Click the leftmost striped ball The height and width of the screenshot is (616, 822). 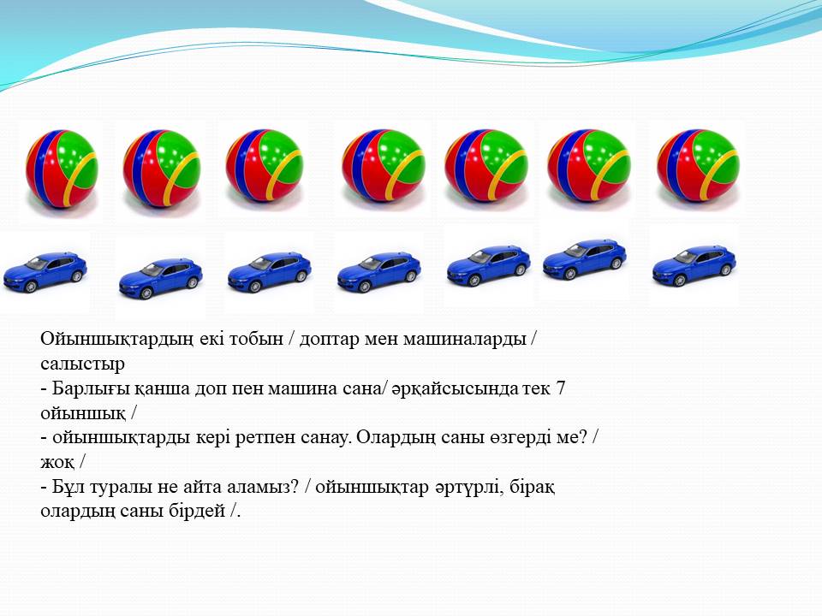pos(62,169)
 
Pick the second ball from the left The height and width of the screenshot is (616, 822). pos(162,168)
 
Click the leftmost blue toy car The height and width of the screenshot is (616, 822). pos(45,272)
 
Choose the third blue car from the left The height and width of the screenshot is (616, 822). pos(270,272)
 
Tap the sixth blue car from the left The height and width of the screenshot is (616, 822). pos(585,260)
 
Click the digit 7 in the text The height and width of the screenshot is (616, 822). pos(560,388)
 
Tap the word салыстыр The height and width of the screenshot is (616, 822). pos(82,364)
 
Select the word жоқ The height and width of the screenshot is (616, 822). pos(57,463)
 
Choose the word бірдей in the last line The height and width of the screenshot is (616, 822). pos(197,512)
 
